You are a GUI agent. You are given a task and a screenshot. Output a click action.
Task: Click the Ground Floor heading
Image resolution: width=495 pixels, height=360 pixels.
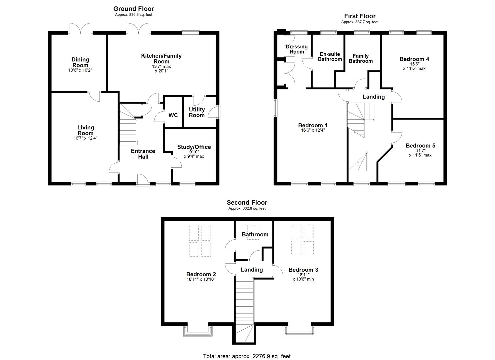click(133, 9)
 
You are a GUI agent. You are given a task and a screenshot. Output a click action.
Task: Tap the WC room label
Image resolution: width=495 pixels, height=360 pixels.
click(173, 115)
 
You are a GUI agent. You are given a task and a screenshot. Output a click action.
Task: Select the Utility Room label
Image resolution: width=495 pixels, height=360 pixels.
click(197, 112)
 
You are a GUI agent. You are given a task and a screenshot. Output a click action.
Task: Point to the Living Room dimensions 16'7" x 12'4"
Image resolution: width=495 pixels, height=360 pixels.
click(86, 138)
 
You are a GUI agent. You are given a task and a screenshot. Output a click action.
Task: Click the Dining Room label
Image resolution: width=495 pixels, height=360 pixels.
click(80, 62)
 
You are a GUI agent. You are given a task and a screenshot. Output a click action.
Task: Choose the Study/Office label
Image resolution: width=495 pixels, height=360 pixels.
click(194, 147)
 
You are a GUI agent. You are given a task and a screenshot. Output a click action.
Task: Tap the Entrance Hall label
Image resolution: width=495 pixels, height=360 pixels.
click(143, 154)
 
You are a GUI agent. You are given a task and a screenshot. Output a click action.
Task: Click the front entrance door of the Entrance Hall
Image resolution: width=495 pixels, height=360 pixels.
click(143, 180)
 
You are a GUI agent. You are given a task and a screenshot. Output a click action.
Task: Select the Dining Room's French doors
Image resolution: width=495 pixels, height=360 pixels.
click(80, 29)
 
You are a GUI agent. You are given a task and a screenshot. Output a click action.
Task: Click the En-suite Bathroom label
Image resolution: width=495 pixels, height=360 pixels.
click(330, 57)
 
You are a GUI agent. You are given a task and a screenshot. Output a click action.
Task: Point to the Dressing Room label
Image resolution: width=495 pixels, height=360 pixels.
click(297, 49)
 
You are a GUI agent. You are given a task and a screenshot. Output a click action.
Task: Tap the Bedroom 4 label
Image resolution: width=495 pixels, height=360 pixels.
click(414, 59)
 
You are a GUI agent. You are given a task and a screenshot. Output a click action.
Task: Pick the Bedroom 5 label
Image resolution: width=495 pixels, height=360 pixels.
click(420, 146)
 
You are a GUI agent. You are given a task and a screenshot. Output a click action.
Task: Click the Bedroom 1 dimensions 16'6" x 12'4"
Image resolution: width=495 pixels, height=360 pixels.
click(313, 130)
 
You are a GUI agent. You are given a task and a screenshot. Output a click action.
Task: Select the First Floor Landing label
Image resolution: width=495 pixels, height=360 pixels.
click(374, 97)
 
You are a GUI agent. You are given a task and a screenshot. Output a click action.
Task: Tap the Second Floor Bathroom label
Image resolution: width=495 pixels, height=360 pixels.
click(255, 234)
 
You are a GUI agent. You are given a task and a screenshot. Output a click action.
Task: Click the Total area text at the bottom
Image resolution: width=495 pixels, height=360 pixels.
click(247, 350)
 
